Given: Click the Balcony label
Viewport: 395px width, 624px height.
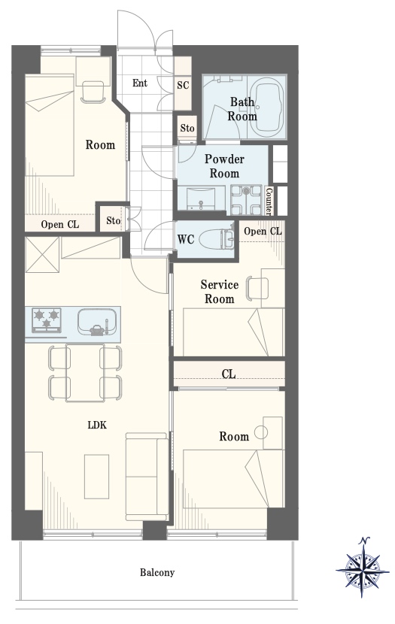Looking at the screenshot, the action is click(x=157, y=573).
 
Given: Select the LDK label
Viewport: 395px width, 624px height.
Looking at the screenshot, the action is click(x=98, y=425).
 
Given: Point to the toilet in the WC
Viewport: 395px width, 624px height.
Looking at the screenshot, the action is click(x=216, y=239).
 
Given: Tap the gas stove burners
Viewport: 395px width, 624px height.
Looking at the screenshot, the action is click(x=46, y=320).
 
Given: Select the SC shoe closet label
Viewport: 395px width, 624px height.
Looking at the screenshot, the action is click(x=183, y=85).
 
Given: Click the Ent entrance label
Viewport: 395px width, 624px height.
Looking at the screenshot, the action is click(x=140, y=83).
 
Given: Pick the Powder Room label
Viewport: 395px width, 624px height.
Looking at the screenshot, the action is click(x=224, y=166).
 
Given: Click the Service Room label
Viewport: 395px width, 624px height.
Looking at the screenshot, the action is click(x=220, y=292).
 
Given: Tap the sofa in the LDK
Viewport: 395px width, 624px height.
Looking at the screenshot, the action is click(x=147, y=477).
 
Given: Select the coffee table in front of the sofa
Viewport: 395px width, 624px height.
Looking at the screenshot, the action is click(x=97, y=477).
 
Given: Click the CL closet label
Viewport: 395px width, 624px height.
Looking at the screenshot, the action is click(x=229, y=374).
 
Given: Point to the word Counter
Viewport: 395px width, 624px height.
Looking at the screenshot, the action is click(x=269, y=200).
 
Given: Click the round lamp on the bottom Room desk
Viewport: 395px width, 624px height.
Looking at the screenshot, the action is click(x=261, y=432).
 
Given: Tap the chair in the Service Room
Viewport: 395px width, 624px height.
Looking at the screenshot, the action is click(x=257, y=288).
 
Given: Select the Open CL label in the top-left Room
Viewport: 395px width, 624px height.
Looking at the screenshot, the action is click(x=60, y=225).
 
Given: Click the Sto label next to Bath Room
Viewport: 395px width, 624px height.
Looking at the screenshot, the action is click(x=187, y=128).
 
